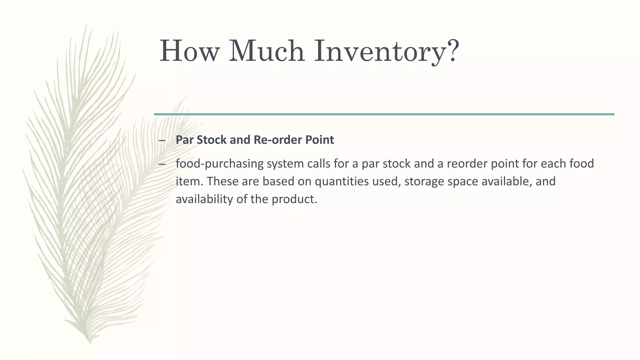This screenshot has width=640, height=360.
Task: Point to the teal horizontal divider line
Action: click(384, 114)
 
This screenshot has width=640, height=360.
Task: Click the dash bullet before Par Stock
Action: click(162, 140)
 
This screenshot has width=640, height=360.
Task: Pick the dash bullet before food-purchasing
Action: click(162, 164)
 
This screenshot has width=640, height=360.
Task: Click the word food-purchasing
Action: click(219, 164)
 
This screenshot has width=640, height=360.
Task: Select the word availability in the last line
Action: click(204, 199)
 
